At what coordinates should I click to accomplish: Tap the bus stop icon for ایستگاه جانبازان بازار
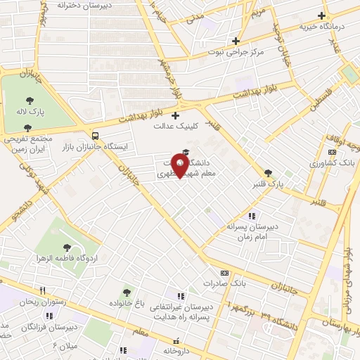point(95,135)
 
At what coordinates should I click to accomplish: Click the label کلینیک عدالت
point(175,127)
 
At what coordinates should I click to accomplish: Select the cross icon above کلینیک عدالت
point(175,115)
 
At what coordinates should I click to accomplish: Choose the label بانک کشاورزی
point(333,163)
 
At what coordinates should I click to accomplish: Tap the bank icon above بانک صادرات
point(224,273)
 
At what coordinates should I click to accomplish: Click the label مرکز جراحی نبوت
point(236,52)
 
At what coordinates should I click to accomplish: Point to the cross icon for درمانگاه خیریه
point(321,15)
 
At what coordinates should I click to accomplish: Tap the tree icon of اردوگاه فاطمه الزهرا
point(67,247)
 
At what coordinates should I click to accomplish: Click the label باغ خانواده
point(127,302)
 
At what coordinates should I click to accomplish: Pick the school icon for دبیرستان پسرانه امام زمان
point(252,216)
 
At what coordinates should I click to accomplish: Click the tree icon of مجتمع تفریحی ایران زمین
point(27,128)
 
